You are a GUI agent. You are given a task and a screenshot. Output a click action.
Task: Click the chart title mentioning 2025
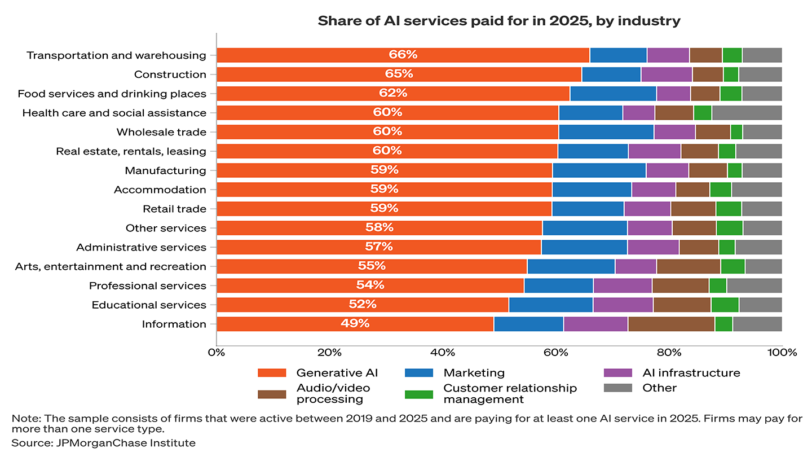499,21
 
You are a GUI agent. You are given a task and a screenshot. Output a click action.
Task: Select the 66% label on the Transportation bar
403,55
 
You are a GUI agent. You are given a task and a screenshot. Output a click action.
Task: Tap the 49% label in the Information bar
355,323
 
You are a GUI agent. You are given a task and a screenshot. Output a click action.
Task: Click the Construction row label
170,74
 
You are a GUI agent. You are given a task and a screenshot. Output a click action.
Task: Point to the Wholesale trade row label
161,132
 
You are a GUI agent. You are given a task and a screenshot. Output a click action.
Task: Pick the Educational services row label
149,305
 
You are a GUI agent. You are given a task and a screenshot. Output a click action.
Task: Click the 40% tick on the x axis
443,353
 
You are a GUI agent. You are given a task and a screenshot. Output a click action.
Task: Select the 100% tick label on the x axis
782,353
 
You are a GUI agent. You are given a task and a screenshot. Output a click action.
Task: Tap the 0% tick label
216,353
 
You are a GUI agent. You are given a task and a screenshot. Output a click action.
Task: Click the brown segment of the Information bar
671,324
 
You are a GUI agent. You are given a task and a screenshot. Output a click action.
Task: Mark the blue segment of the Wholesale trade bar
606,132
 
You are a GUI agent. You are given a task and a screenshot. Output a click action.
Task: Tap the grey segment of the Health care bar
747,113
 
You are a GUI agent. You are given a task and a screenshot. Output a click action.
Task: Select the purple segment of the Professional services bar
623,285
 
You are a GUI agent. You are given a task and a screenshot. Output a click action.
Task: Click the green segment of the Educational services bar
725,305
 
